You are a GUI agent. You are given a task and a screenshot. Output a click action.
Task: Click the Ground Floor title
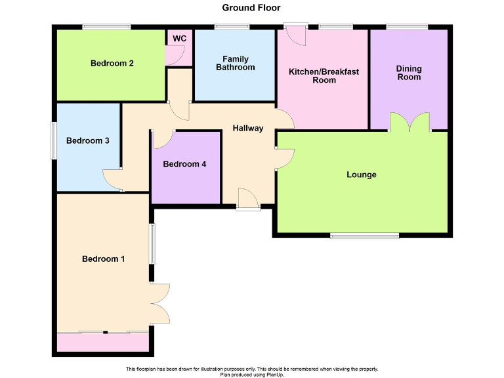click(x=251, y=8)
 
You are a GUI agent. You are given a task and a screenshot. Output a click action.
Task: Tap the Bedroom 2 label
click(x=112, y=64)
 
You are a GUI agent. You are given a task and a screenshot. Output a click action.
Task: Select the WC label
click(x=179, y=39)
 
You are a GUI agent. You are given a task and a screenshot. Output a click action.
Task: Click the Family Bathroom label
click(x=235, y=63)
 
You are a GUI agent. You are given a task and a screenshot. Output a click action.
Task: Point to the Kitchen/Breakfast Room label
click(x=324, y=75)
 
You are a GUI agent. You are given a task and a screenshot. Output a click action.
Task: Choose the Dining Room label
click(x=408, y=73)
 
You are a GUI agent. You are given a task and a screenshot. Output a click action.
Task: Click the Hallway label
click(x=247, y=128)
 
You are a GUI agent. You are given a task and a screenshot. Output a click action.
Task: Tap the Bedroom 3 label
click(x=87, y=140)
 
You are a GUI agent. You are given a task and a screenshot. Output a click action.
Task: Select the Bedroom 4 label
click(x=184, y=164)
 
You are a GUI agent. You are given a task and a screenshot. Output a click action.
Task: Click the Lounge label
click(x=362, y=175)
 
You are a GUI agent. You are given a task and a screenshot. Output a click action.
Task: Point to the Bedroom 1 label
click(x=103, y=259)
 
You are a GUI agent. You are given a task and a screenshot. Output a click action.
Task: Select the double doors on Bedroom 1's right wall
click(x=159, y=303)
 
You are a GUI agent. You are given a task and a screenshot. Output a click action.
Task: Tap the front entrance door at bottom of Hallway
click(x=248, y=199)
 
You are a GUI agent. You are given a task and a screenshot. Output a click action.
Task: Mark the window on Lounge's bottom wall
click(x=364, y=236)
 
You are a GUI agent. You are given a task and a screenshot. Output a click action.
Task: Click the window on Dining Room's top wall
click(x=407, y=26)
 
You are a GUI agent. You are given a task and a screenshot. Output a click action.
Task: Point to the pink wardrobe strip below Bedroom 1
click(x=103, y=343)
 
